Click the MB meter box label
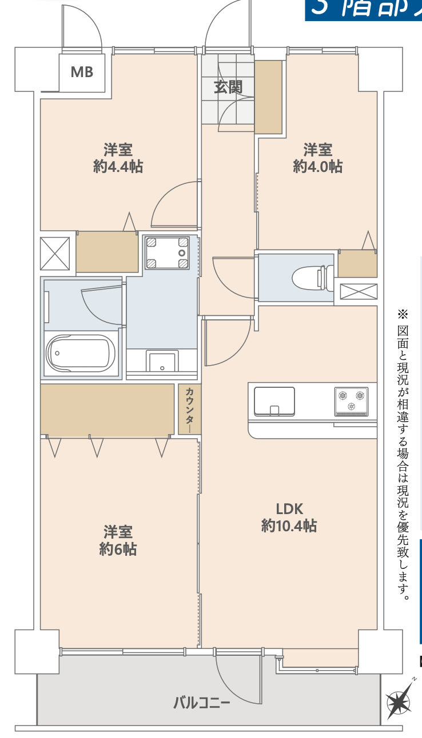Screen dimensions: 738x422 point(82,72)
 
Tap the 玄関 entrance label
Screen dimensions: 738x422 point(228,87)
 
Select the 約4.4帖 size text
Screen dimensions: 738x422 point(118,167)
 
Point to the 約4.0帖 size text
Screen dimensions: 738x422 point(317,167)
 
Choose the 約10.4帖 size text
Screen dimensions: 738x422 point(289,526)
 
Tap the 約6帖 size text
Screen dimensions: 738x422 point(118,550)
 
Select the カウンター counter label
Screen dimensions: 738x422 point(189,409)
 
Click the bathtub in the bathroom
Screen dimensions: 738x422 point(80,354)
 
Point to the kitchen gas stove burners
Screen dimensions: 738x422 point(351,399)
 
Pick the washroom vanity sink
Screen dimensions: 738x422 point(162,362)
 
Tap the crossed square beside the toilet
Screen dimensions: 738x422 point(358,291)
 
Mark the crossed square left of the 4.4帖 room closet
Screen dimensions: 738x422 point(55,253)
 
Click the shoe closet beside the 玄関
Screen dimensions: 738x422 point(268,97)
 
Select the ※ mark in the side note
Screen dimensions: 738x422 point(403,314)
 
